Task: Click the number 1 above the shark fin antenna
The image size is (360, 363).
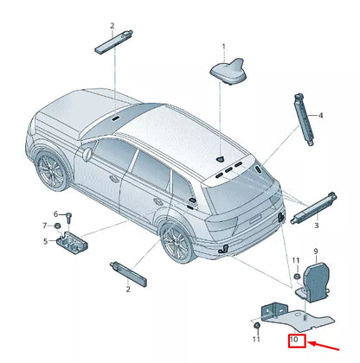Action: pyautogui.click(x=222, y=45)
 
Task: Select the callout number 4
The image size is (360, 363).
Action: pyautogui.click(x=320, y=116)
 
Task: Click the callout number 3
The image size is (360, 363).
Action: pyautogui.click(x=317, y=225)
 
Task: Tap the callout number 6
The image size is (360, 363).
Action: pyautogui.click(x=55, y=213)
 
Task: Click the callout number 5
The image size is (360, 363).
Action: pyautogui.click(x=47, y=241)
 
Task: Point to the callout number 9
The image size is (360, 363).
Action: pyautogui.click(x=316, y=252)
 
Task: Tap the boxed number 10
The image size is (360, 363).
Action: pyautogui.click(x=294, y=341)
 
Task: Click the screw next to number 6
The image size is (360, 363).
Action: pyautogui.click(x=67, y=216)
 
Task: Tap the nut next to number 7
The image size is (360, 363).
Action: pyautogui.click(x=58, y=226)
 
